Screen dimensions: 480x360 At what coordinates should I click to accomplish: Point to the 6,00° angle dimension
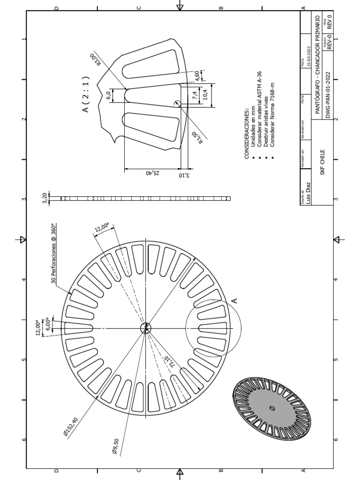pos(46,325)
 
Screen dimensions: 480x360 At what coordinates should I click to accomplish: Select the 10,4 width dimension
pos(205,96)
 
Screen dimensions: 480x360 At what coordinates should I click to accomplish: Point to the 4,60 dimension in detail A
pos(197,75)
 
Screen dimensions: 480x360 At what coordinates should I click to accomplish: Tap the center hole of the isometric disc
pos(271,408)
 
